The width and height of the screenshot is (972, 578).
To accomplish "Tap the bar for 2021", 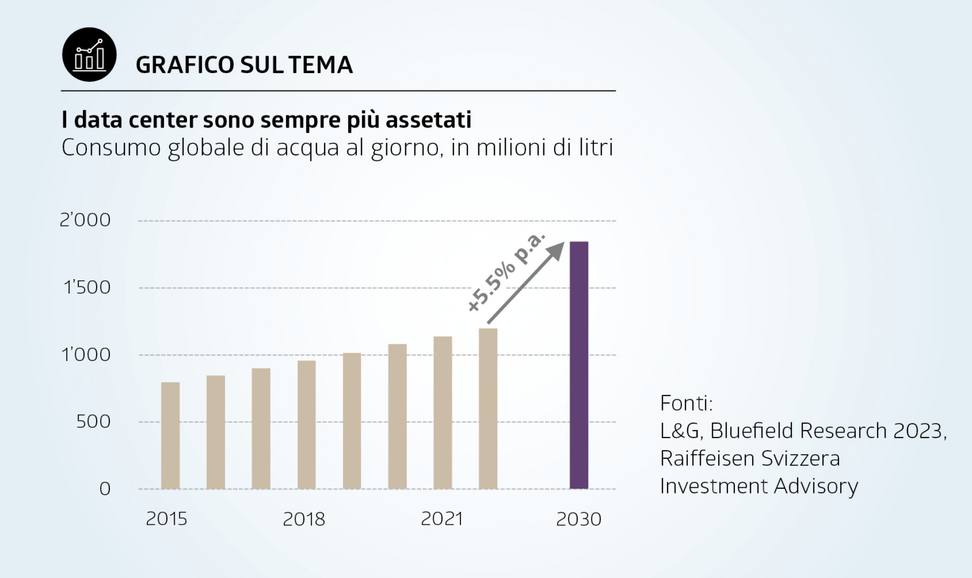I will point(443,413).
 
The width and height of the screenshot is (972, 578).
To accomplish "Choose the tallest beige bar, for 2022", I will point(488,409).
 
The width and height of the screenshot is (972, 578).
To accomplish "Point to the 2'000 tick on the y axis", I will point(85,220).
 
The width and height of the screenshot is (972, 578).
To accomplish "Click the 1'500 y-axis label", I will point(87,287).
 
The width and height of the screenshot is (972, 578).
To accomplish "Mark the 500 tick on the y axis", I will point(93,421).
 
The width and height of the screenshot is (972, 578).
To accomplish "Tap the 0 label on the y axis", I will point(105,489).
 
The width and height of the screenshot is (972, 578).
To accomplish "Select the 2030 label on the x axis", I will point(578,519).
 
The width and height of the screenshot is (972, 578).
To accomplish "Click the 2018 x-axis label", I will point(304,519).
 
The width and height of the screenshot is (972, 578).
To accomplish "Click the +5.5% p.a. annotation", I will point(506,273).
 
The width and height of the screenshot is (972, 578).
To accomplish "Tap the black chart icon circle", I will point(89,55).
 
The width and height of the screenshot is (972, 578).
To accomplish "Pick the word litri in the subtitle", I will point(594,147).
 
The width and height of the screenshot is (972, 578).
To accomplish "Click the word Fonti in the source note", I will point(686,403).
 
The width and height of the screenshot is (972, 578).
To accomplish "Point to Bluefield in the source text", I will point(753,431).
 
